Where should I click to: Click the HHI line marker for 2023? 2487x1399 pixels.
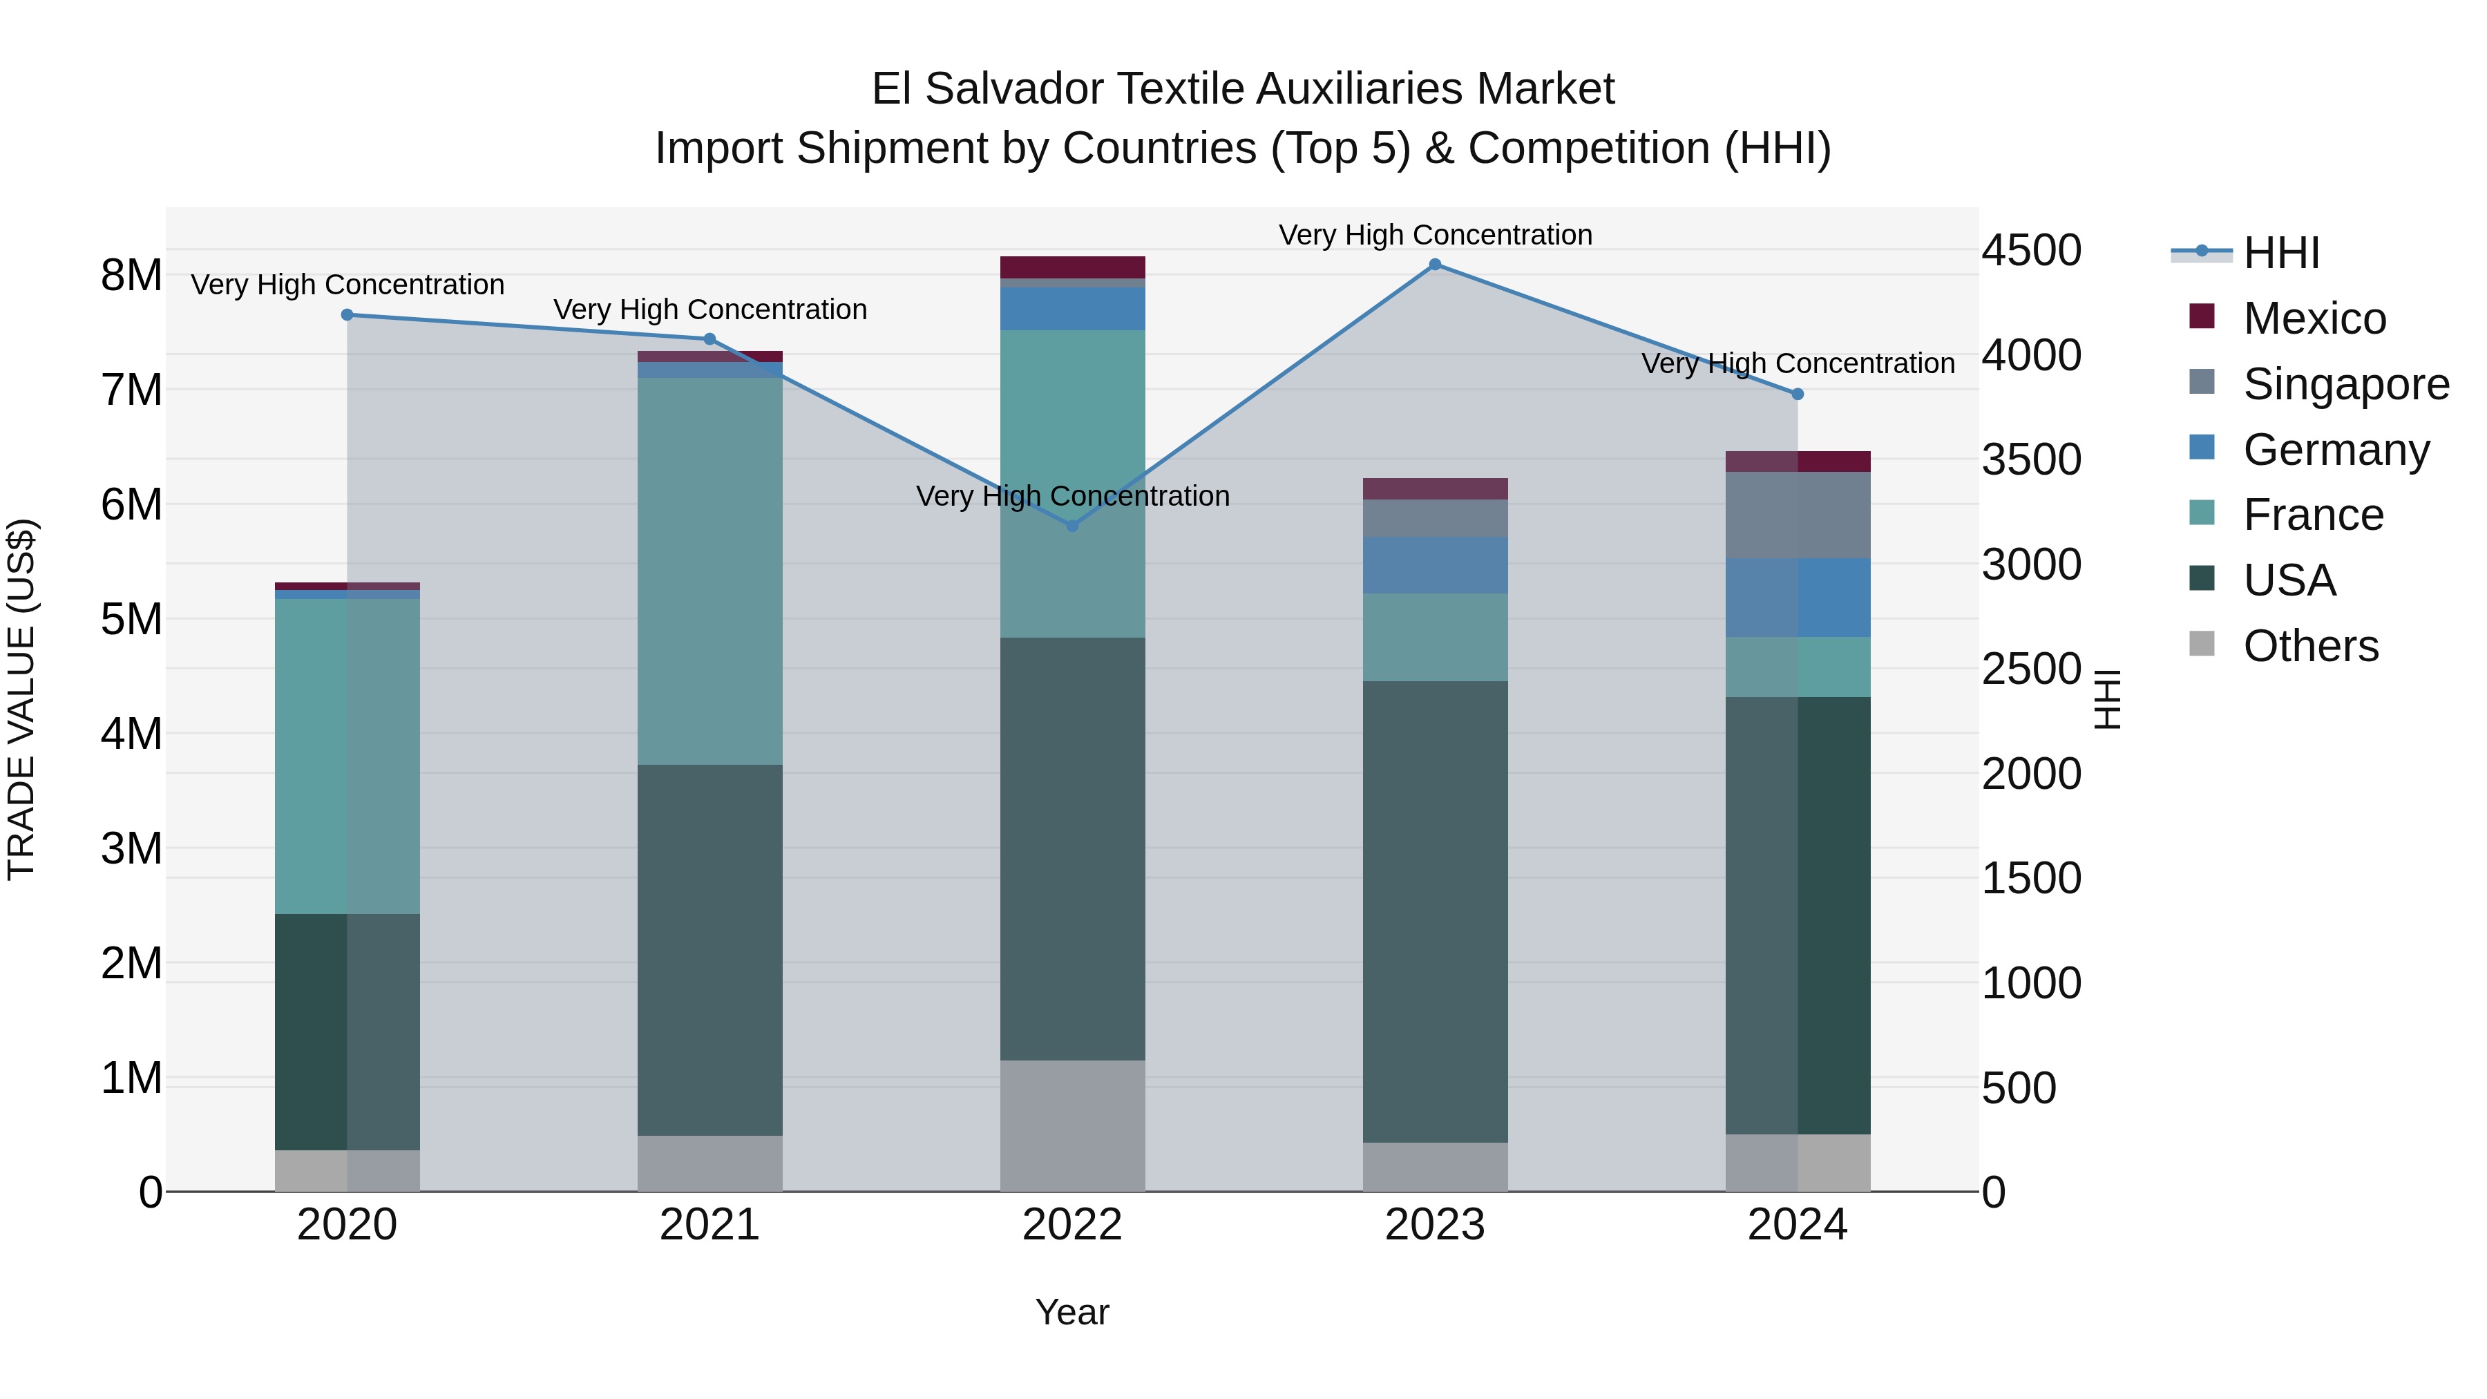[x=1435, y=265]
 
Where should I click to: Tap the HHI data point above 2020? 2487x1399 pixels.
[x=347, y=315]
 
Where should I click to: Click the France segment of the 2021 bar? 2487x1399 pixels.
[x=709, y=571]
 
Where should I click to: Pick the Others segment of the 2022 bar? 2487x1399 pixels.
[x=1071, y=1126]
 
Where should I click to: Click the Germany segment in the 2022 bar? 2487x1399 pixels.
[x=1071, y=309]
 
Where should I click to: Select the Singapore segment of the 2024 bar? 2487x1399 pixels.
[x=1798, y=515]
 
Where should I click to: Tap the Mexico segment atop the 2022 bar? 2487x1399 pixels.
[x=1071, y=267]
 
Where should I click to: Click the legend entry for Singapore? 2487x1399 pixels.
[x=2345, y=384]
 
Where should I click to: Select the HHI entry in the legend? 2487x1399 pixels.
[x=2280, y=253]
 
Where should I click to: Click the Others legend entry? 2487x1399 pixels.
[x=2309, y=646]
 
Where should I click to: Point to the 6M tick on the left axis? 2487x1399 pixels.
[x=131, y=505]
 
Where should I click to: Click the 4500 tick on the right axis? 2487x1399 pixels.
[x=2031, y=250]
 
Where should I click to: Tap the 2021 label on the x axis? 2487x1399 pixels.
[x=709, y=1225]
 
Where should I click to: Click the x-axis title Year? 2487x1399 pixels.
[x=1071, y=1312]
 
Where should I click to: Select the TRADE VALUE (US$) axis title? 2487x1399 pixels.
[x=21, y=699]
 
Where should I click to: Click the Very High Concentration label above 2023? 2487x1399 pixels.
[x=1435, y=235]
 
